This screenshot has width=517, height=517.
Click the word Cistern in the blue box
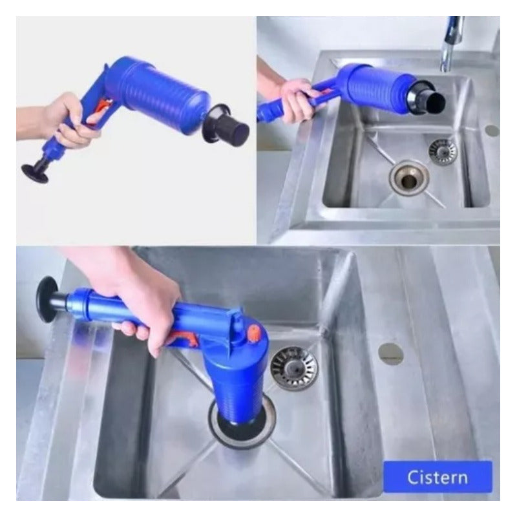point(438,477)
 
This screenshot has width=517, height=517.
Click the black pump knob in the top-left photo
point(35,172)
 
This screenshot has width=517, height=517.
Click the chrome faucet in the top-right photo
point(451,43)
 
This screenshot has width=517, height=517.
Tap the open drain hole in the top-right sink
point(409,178)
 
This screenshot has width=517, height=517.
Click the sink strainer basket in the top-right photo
point(443,152)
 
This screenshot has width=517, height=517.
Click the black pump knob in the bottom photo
point(47,299)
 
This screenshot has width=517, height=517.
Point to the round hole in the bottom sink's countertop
point(391,353)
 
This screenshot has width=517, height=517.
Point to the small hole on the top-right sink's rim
point(492,131)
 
